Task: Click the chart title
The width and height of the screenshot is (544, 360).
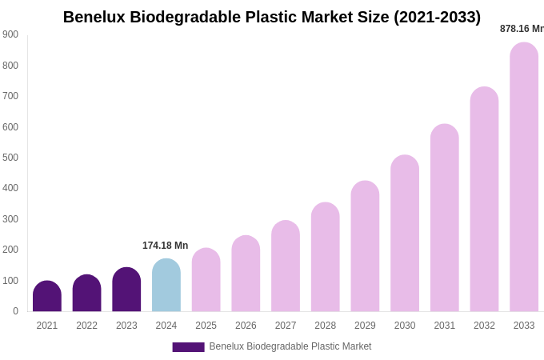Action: point(272,17)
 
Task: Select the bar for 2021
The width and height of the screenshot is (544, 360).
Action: point(47,297)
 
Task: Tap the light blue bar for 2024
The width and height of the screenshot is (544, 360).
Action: point(166,286)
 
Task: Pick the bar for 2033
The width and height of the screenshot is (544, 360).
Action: point(524,178)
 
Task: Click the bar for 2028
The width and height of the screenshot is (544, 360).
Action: point(325,258)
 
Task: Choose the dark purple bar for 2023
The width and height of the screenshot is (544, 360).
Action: point(126,290)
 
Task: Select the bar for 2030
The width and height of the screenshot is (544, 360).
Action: point(405,234)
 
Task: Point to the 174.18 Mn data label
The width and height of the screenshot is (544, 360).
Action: point(165,246)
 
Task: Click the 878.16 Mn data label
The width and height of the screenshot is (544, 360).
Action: point(522,29)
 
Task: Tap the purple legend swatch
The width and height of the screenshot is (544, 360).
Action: point(188,347)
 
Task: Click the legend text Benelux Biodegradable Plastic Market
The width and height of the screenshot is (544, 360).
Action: point(290,346)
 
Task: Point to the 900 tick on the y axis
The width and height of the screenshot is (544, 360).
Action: point(10,34)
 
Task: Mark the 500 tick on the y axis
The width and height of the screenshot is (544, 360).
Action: point(10,158)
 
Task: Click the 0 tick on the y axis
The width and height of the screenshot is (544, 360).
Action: point(15,311)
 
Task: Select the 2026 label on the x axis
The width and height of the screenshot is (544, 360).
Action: point(246,326)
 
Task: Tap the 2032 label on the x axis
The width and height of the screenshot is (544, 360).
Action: point(484,326)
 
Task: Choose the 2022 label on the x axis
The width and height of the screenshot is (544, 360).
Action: point(86,326)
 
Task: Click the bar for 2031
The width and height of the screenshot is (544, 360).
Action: point(445,218)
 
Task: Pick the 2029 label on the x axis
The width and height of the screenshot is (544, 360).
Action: point(365,326)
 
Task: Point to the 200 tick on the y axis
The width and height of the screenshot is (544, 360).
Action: point(10,250)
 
